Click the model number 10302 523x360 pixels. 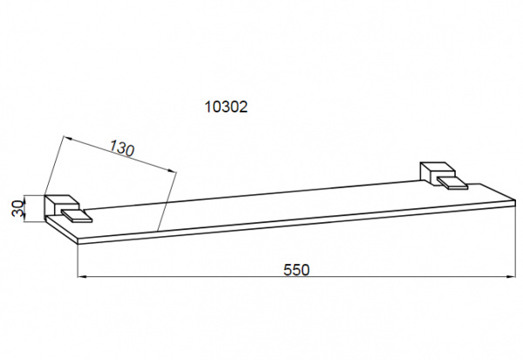226,106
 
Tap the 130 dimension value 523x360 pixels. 122,148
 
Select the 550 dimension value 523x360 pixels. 296,269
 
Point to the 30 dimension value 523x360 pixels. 17,208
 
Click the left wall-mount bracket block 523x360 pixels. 62,207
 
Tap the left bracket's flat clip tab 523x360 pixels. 77,216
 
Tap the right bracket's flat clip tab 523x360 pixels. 452,183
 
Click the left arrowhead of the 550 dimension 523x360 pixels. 82,276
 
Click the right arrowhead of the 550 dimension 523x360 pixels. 511,276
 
